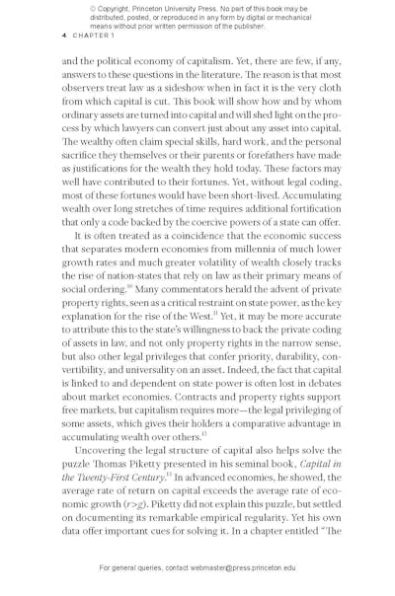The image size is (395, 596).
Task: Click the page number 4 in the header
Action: [x=63, y=36]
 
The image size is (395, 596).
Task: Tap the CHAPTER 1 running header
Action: [x=94, y=36]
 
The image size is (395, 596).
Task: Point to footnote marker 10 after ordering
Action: [x=128, y=287]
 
